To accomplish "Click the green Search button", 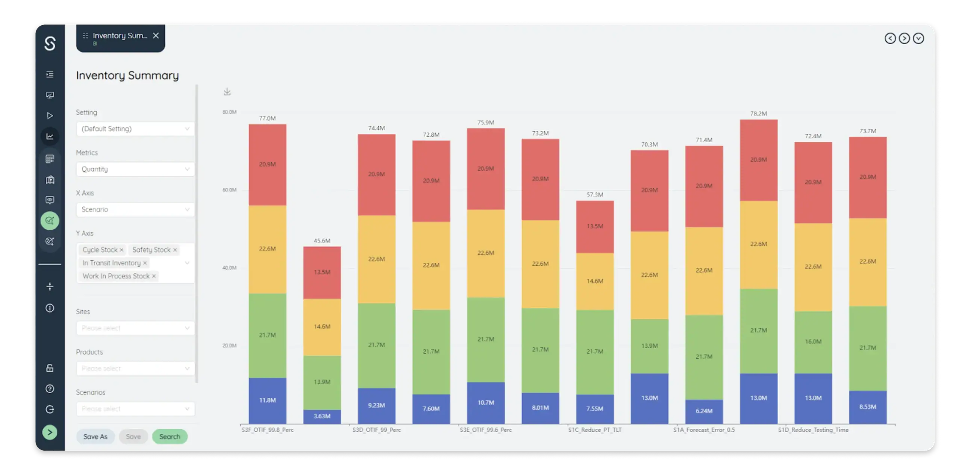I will point(169,436).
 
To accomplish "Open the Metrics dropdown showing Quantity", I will point(135,169).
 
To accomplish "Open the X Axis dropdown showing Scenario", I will point(135,209).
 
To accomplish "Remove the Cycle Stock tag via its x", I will point(121,250).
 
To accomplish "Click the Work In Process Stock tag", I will point(116,276).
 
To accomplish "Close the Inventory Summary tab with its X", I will point(156,36).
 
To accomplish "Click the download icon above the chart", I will point(227,92).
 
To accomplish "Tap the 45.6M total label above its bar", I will point(322,241).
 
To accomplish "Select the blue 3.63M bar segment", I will point(322,416).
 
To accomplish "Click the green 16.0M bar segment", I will point(813,342).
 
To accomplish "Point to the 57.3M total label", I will point(595,195).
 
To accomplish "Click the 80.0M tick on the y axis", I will point(229,112).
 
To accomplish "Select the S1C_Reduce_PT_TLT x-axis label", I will point(595,430).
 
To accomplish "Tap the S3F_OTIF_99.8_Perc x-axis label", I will point(268,430).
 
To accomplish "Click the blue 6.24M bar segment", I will point(704,411).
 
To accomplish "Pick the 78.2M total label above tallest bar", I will point(758,113).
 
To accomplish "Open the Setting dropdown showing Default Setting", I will point(135,129).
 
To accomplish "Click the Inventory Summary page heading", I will point(127,76).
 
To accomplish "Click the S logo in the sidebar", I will point(50,44).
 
